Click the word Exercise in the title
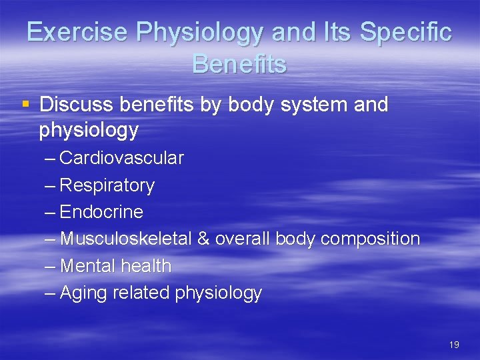pyautogui.click(x=69, y=32)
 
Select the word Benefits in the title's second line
pyautogui.click(x=239, y=64)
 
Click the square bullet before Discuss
pyautogui.click(x=25, y=104)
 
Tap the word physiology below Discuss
pyautogui.click(x=89, y=130)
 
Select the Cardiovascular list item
pyautogui.click(x=121, y=158)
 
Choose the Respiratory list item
pyautogui.click(x=107, y=185)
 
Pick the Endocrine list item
pyautogui.click(x=101, y=212)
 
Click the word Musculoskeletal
pyautogui.click(x=126, y=239)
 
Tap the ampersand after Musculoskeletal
pyautogui.click(x=203, y=239)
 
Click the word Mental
pyautogui.click(x=87, y=265)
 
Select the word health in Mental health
pyautogui.click(x=145, y=265)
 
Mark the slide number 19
pyautogui.click(x=454, y=345)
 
